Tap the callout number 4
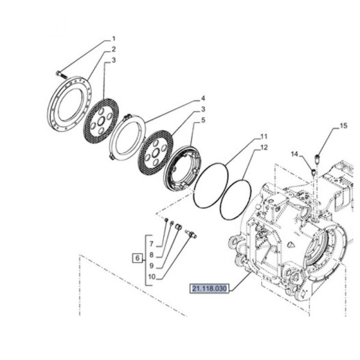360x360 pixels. coord(203,98)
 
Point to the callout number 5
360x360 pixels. coord(203,120)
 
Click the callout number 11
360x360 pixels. coord(263,137)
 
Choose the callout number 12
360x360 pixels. coord(263,148)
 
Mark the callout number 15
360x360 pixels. coord(343,126)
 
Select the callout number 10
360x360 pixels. coord(151,277)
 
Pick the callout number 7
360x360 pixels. coord(151,244)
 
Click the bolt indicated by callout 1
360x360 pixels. coord(59,73)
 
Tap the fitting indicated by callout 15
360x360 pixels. coord(317,160)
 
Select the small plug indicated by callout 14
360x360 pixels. coord(313,172)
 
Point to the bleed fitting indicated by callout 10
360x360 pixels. coord(191,235)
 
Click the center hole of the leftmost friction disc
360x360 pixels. coord(102,120)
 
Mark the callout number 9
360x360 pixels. coord(151,266)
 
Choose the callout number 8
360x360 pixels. coord(151,255)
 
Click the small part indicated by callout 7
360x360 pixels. coord(166,220)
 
